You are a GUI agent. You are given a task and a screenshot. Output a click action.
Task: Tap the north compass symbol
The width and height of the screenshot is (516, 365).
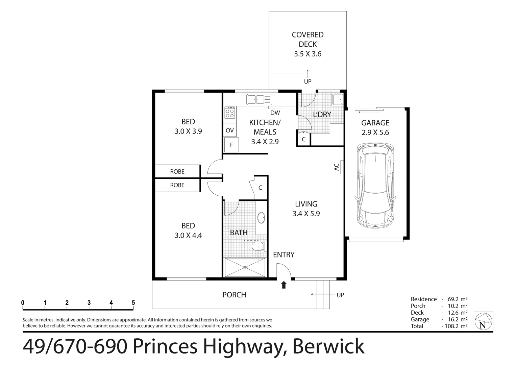[x=483, y=321]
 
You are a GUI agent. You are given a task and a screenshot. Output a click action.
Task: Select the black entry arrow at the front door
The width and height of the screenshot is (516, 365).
[x=284, y=285]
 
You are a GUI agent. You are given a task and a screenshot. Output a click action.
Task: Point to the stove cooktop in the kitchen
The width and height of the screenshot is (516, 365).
[x=230, y=113]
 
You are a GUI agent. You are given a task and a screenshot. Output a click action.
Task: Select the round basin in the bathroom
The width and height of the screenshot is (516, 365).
[x=261, y=218]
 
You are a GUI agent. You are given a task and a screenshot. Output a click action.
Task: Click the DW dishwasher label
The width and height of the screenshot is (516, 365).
[x=275, y=113]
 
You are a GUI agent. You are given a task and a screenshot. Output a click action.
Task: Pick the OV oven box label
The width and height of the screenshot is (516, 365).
[x=229, y=130]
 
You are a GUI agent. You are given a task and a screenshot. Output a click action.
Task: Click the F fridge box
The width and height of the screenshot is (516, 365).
[x=231, y=145]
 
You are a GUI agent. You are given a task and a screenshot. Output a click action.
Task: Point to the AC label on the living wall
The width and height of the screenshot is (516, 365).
[x=337, y=167]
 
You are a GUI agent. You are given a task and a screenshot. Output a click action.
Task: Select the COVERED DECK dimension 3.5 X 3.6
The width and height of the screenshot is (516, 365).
[x=308, y=54]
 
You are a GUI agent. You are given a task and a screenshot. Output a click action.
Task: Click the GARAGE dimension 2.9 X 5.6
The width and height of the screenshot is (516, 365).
[x=375, y=132]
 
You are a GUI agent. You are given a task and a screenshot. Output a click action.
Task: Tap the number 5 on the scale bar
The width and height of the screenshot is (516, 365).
[x=133, y=302]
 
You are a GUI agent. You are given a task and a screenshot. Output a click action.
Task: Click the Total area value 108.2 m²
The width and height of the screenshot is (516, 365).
[x=454, y=326]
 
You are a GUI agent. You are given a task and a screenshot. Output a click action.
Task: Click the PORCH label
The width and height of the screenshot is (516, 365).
[x=234, y=295]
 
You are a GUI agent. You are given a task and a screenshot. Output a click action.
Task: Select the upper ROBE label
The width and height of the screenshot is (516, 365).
[x=177, y=172]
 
